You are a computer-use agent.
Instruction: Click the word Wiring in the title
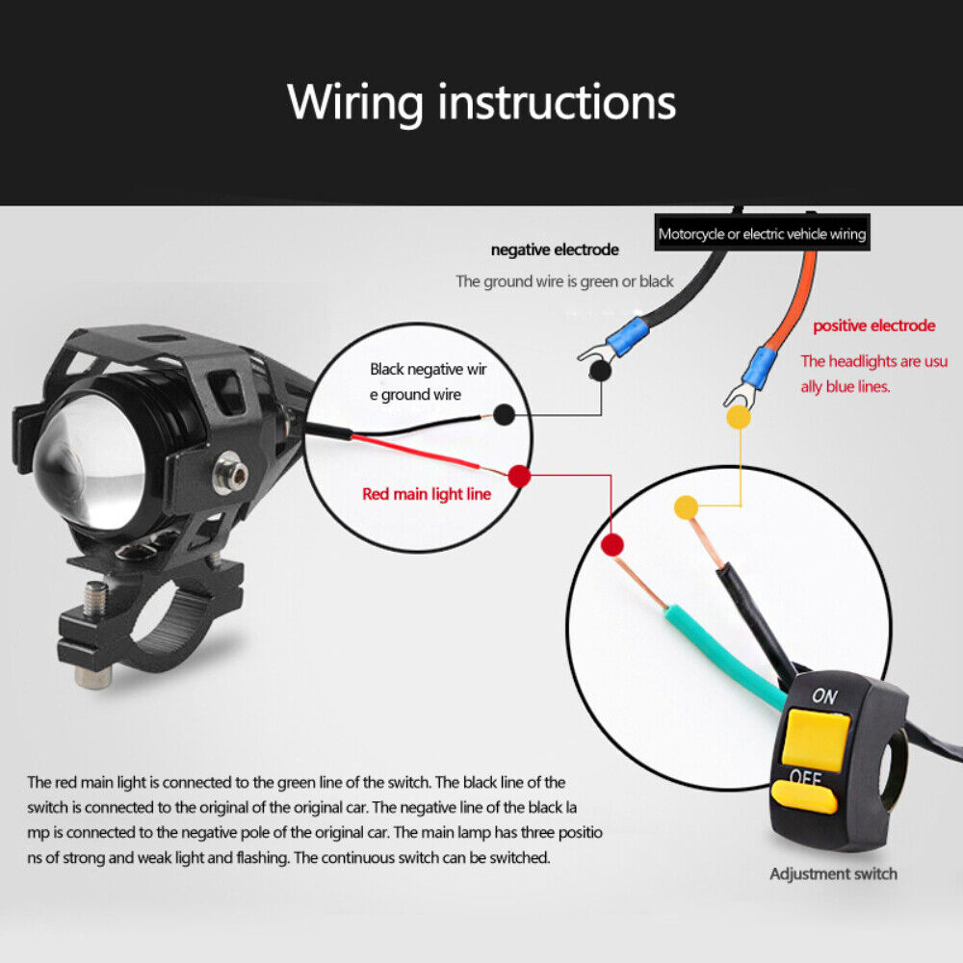coord(355,102)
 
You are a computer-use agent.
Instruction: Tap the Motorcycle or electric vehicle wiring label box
coord(762,234)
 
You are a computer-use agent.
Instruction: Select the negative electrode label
coord(555,250)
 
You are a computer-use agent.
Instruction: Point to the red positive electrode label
coord(873,325)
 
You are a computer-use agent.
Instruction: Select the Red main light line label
coord(427,494)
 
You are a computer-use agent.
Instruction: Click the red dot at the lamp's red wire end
coord(519,475)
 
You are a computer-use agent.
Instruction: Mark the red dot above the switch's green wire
coord(612,545)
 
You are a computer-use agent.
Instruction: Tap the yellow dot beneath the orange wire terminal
coord(738,416)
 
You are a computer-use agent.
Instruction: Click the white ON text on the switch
coord(824,695)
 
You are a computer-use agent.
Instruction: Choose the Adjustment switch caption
coord(833,874)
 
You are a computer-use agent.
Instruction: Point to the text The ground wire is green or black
coord(564,281)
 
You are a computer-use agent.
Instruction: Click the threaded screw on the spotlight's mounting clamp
coord(94,600)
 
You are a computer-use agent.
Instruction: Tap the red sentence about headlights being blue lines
coord(873,374)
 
